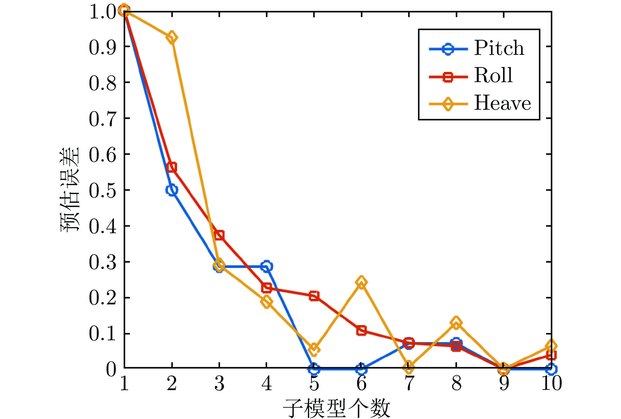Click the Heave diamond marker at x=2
pyautogui.click(x=172, y=37)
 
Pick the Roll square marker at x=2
pyautogui.click(x=172, y=167)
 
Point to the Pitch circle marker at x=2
pyautogui.click(x=172, y=190)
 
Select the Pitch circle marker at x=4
pyautogui.click(x=266, y=266)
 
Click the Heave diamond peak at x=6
pyautogui.click(x=361, y=282)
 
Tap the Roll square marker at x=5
pyautogui.click(x=314, y=296)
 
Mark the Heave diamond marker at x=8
pyautogui.click(x=456, y=323)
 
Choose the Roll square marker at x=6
pyautogui.click(x=361, y=330)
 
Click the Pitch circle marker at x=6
pyautogui.click(x=361, y=369)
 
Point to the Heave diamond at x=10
pyautogui.click(x=551, y=346)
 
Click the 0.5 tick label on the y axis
pyautogui.click(x=103, y=190)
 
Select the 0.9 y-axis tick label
pyautogui.click(x=103, y=47)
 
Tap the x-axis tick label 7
pyautogui.click(x=409, y=383)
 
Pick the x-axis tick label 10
pyautogui.click(x=551, y=383)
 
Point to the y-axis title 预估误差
pyautogui.click(x=69, y=189)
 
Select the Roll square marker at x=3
pyautogui.click(x=219, y=235)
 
